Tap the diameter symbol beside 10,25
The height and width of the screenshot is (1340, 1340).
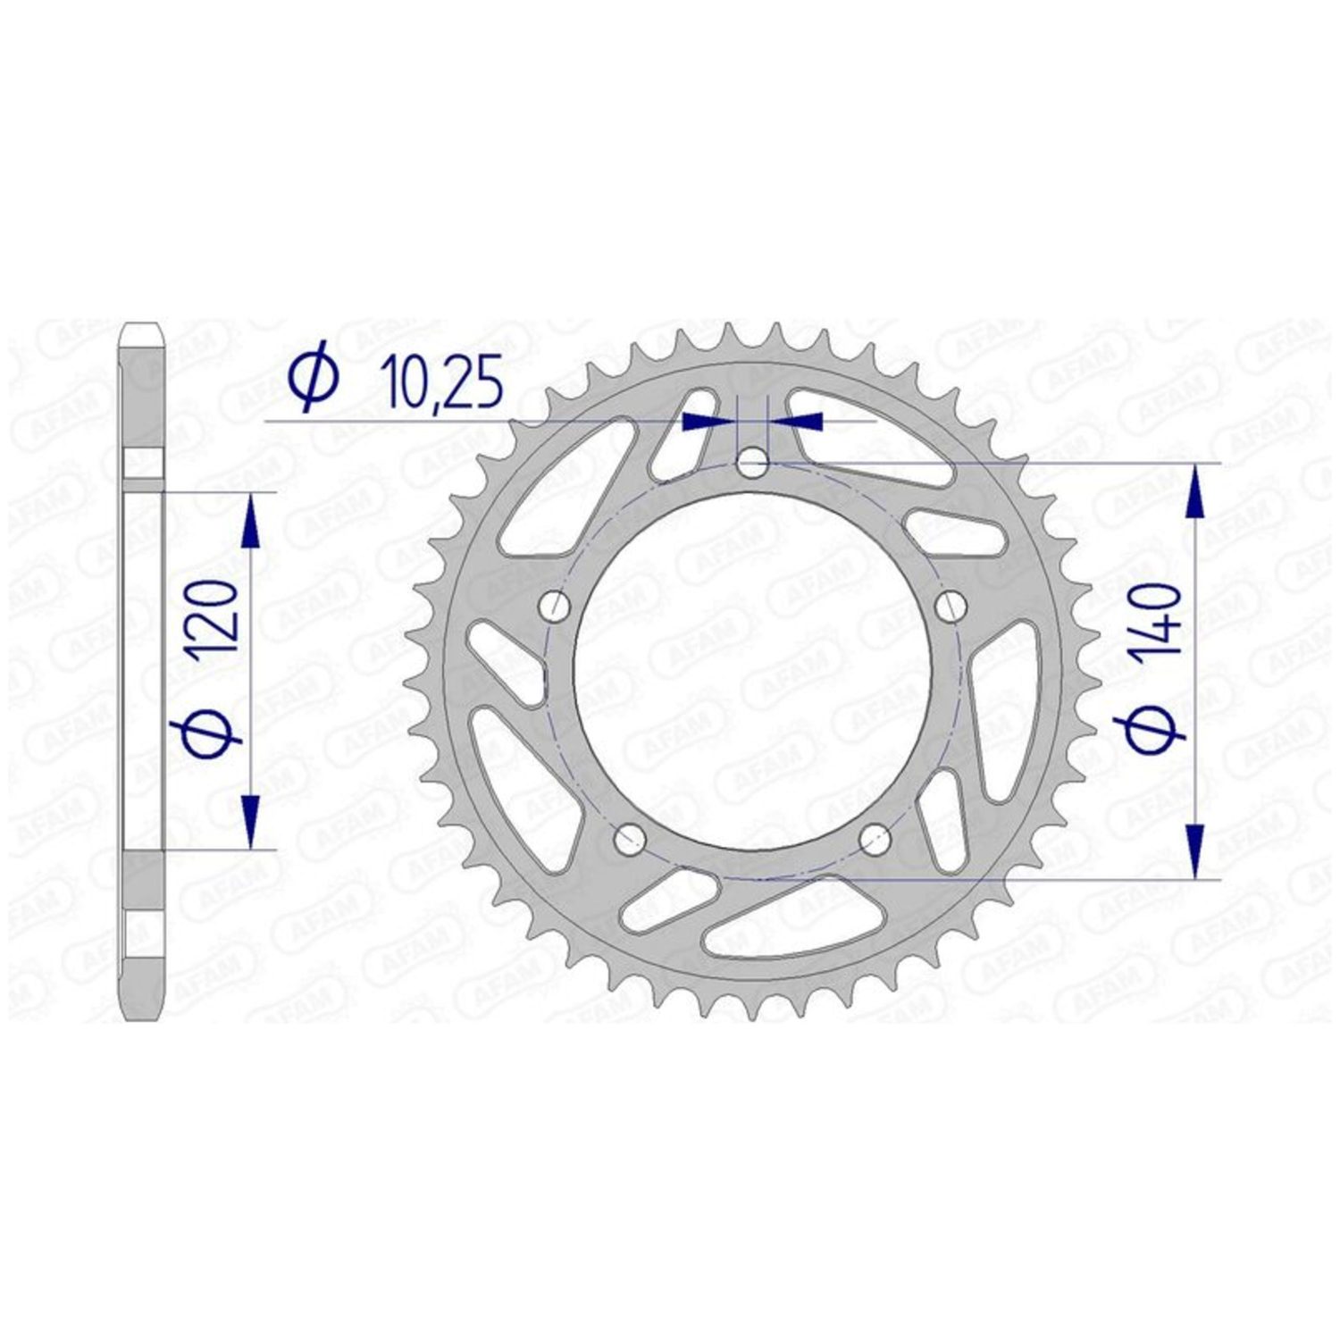coord(313,379)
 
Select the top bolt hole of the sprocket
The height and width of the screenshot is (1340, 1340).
coord(752,463)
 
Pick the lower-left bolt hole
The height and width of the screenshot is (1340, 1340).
coord(631,837)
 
